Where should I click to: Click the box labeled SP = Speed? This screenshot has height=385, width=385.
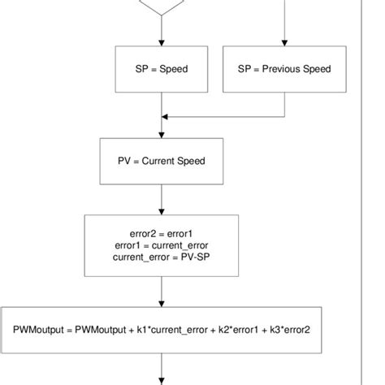[x=162, y=69]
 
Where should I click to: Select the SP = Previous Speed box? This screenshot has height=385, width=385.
[x=283, y=69]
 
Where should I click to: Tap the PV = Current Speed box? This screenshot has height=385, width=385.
[x=162, y=161]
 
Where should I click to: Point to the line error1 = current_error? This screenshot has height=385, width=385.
[x=162, y=245]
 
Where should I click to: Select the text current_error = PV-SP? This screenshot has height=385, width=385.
[x=162, y=257]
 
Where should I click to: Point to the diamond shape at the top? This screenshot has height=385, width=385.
[x=162, y=6]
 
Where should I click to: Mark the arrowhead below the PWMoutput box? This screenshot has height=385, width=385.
[x=162, y=380]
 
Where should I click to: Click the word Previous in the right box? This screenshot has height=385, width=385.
[x=282, y=69]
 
